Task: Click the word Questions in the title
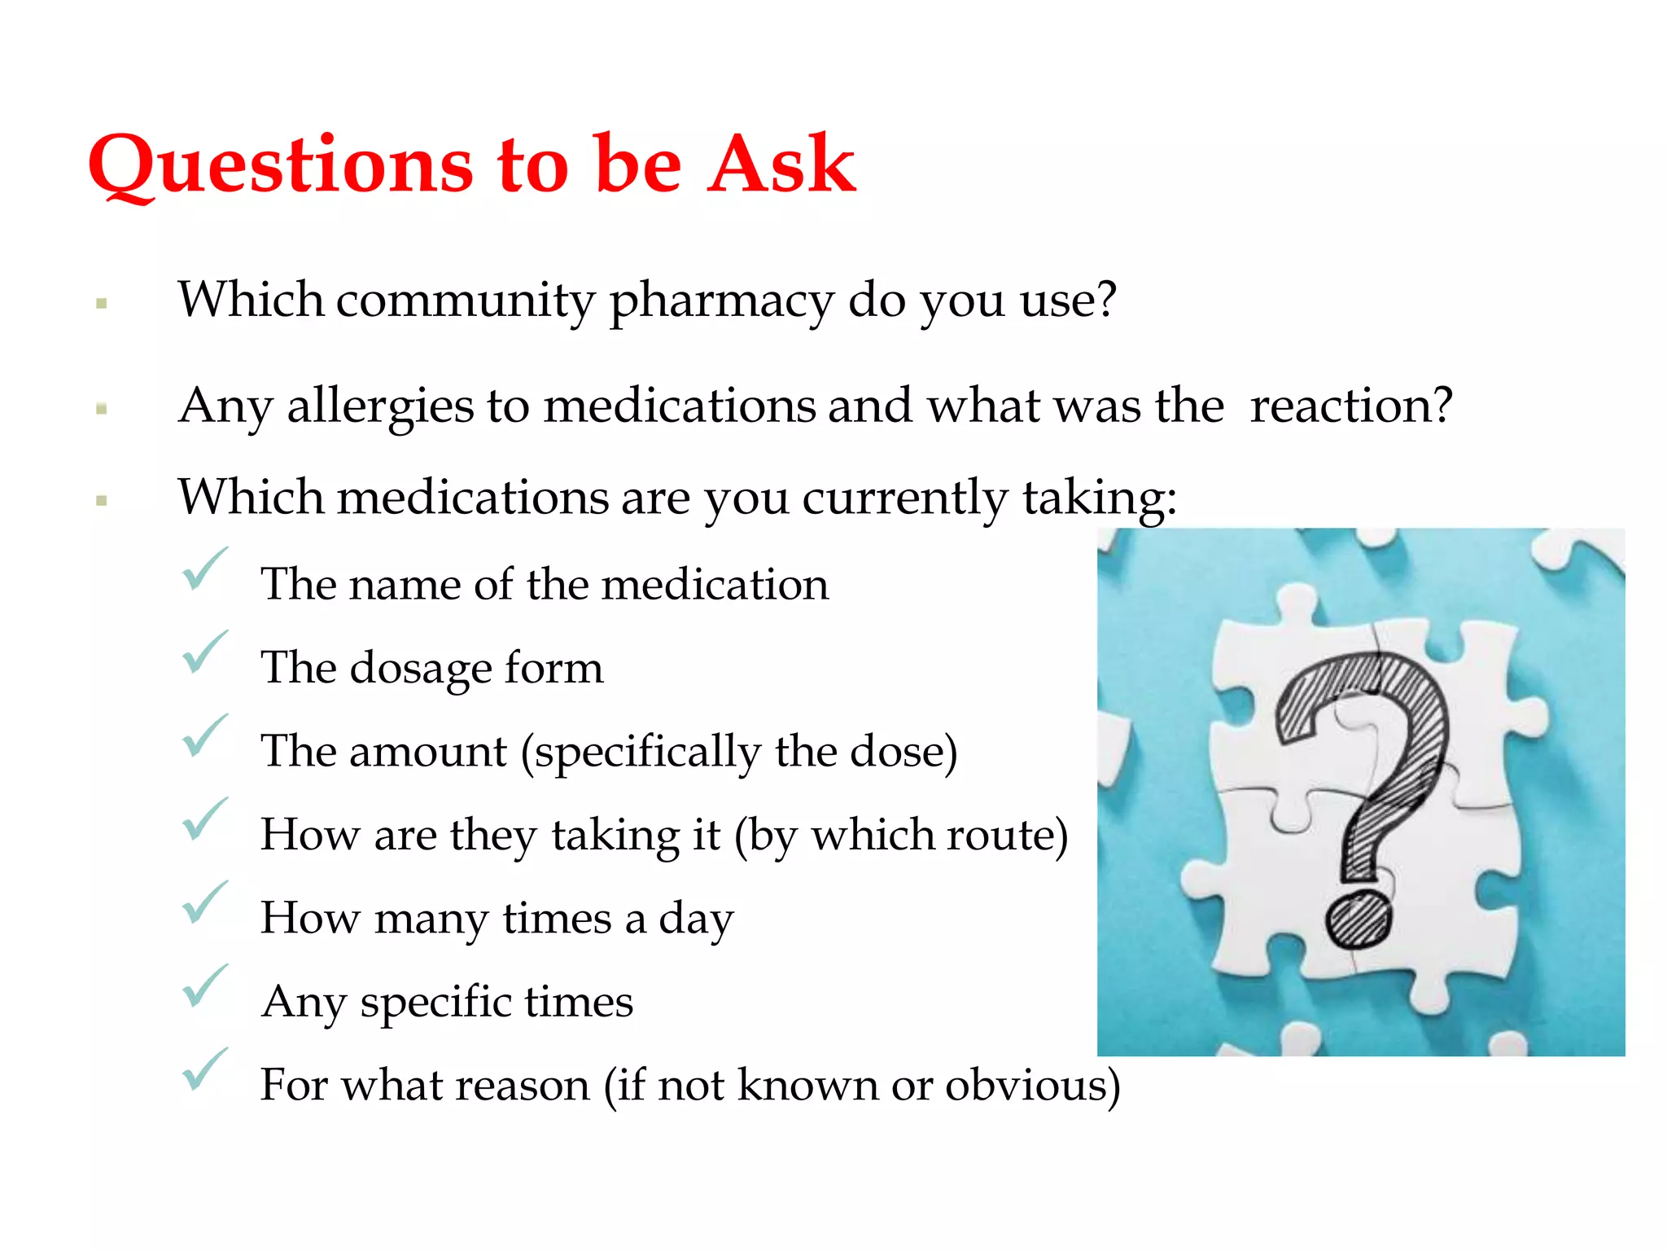[281, 165]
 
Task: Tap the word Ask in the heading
[781, 165]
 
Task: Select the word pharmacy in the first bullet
[721, 301]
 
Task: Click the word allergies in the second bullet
[380, 406]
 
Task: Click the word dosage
[421, 669]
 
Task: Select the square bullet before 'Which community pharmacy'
[102, 304]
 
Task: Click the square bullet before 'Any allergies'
[102, 409]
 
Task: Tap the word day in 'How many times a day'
[696, 920]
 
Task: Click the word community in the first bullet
[466, 301]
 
